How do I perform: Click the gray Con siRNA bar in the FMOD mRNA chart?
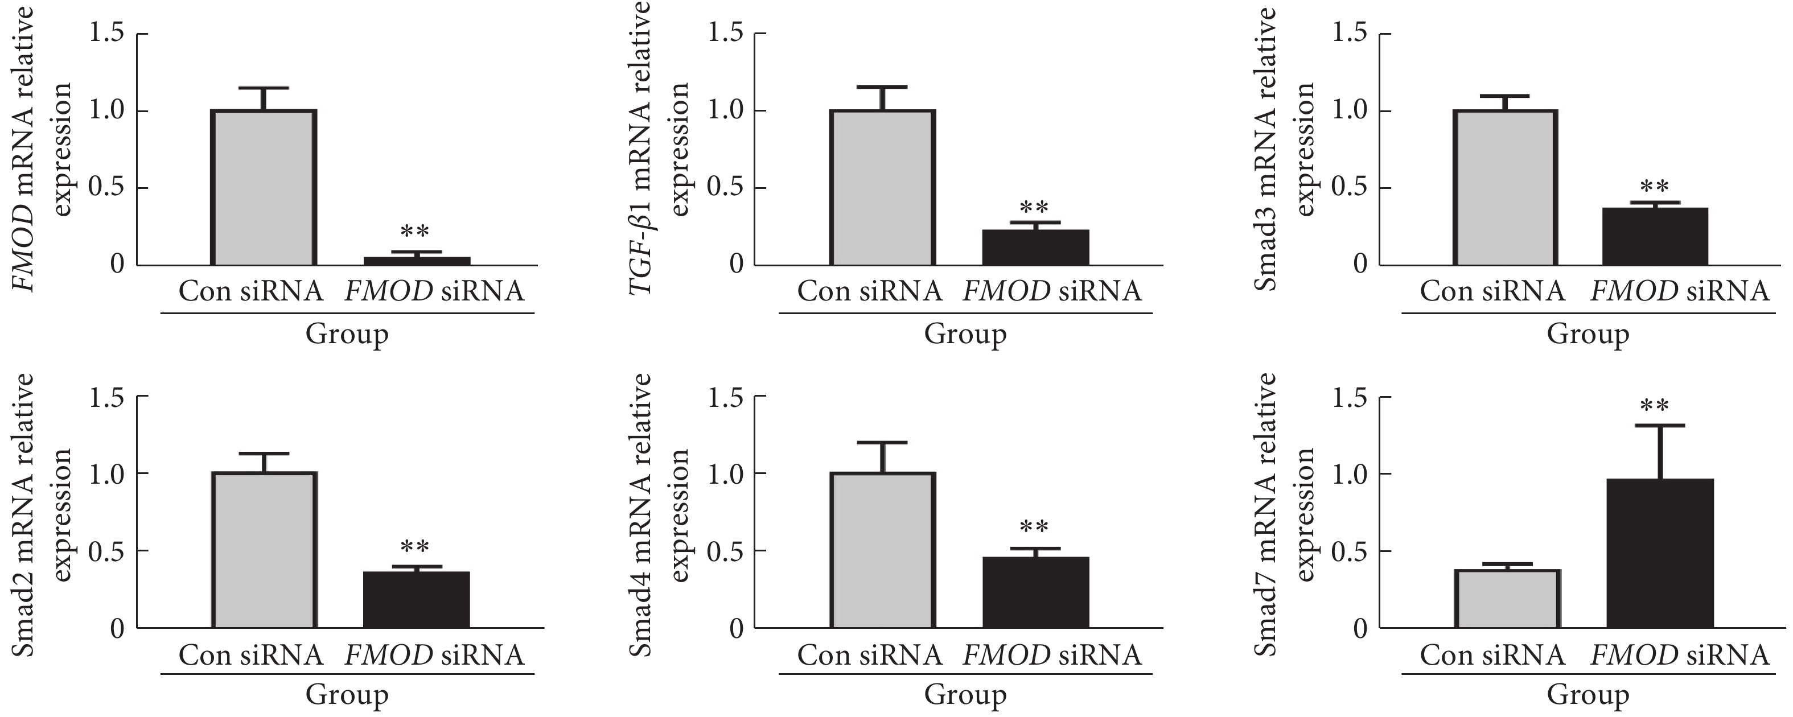tap(264, 187)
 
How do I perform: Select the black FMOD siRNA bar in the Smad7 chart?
tap(1660, 554)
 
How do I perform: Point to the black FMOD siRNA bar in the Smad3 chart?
tap(1655, 236)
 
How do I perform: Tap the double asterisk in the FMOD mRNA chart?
tap(415, 232)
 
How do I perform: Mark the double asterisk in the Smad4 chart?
tap(1034, 527)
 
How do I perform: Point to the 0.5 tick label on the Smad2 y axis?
tap(106, 551)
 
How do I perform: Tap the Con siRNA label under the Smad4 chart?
tap(869, 655)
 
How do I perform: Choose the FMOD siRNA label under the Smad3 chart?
tap(1680, 291)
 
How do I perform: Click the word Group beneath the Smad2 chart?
tap(347, 695)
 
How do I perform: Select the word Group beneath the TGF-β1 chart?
tap(965, 334)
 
